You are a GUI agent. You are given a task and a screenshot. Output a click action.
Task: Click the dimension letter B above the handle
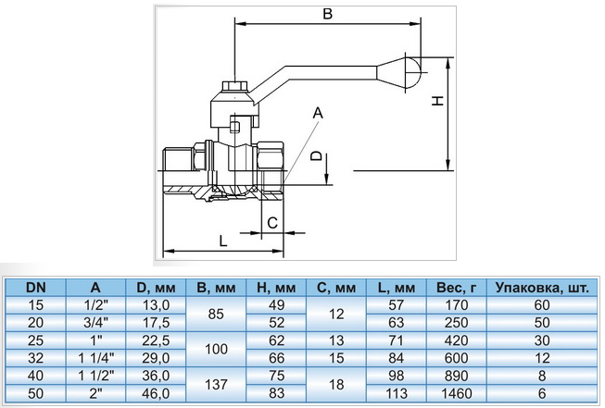coord(327,14)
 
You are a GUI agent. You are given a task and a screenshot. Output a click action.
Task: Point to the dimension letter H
coord(437,101)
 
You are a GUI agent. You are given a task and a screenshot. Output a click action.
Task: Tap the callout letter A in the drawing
coord(318,113)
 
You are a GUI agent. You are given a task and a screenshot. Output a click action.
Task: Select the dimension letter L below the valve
coord(223,241)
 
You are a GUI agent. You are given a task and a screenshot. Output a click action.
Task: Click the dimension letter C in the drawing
coord(272,223)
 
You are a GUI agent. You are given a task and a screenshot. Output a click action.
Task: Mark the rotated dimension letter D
coord(316,155)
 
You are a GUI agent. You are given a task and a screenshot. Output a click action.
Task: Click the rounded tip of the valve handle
coord(412,71)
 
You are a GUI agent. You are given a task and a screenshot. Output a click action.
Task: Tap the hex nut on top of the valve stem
coord(235,87)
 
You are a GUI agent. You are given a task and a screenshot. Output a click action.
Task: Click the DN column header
coord(35,288)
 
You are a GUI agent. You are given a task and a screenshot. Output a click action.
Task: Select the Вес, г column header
coord(457,288)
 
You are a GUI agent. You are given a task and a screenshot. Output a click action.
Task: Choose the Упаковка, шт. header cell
coord(542,288)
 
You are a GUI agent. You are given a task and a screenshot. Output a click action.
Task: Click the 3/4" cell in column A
coord(95,323)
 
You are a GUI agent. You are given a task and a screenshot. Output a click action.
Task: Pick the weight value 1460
coord(457,393)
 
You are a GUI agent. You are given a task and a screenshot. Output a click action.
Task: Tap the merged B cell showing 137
coord(216,384)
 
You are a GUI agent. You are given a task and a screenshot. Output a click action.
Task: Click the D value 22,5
coord(156,340)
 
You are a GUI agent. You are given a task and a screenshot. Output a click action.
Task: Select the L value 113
coord(397,393)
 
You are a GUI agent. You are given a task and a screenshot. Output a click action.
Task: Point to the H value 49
coord(276,305)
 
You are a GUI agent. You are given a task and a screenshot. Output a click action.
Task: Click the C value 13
coord(336,340)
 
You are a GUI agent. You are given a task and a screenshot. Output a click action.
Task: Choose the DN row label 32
coord(35,358)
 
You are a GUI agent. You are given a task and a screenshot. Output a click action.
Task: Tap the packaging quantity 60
coord(542,305)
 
